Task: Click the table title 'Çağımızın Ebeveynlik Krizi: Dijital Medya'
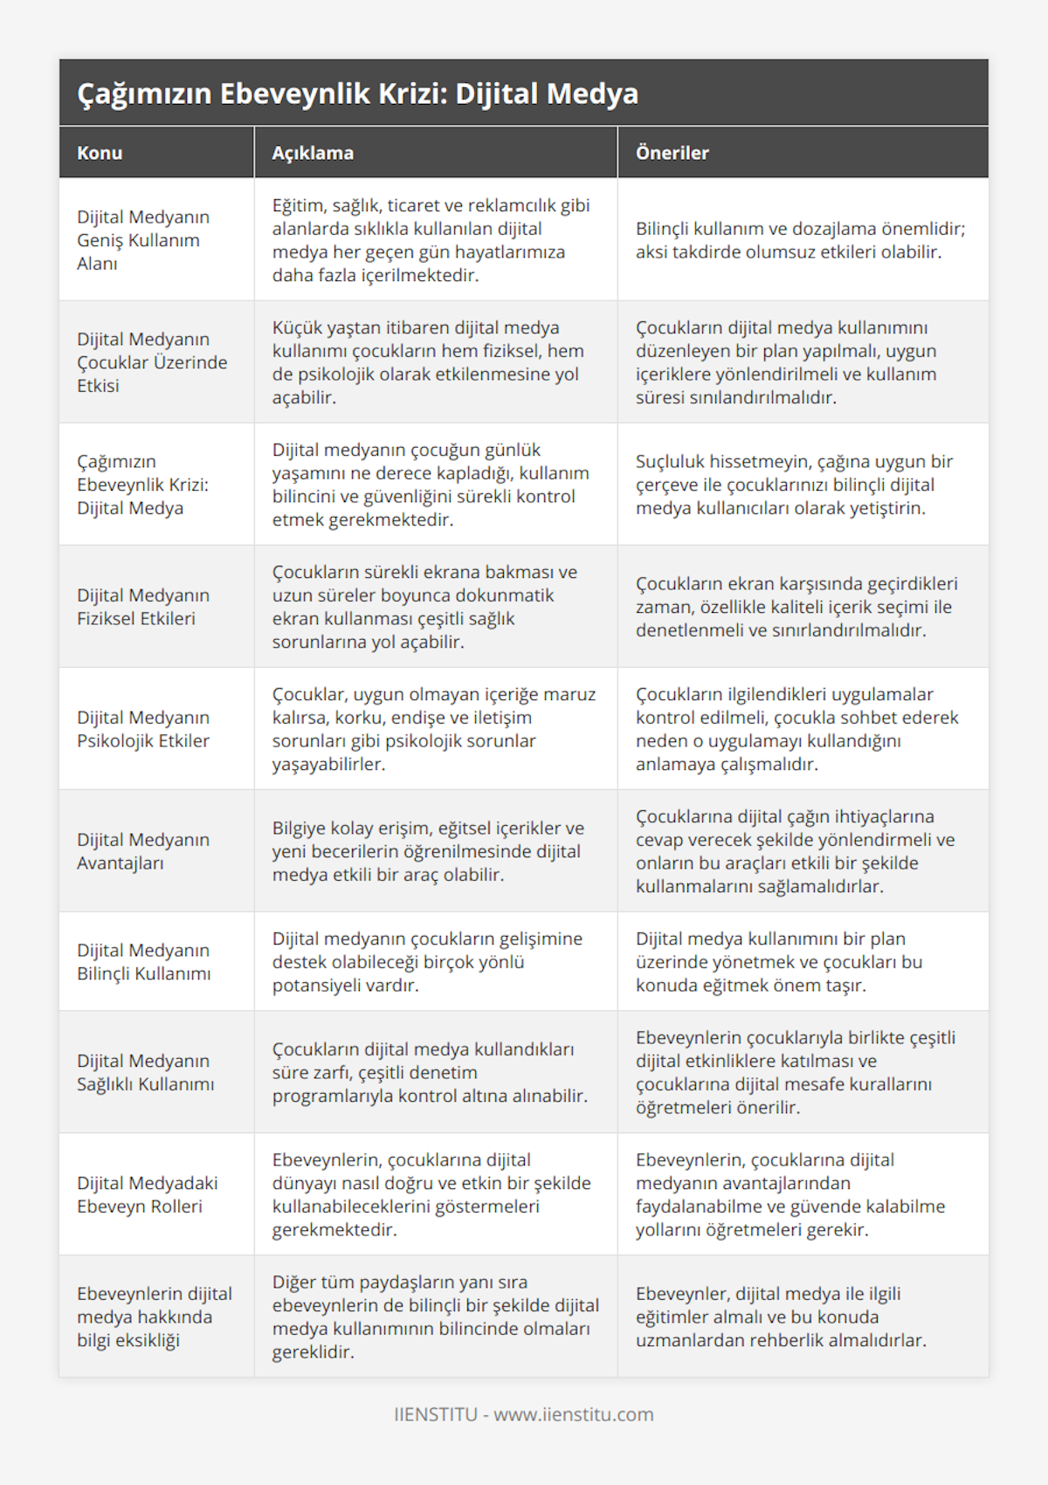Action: coord(357,93)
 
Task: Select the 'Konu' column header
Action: coord(100,153)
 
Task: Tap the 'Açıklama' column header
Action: coord(313,153)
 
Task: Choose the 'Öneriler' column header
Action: coord(672,153)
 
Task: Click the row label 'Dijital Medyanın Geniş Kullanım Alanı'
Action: coord(143,240)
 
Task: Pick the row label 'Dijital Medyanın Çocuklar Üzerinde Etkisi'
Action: coord(152,362)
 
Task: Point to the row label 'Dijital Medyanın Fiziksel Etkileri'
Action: coord(143,607)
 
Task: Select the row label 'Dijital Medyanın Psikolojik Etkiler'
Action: coord(143,729)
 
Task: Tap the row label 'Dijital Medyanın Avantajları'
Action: coord(143,851)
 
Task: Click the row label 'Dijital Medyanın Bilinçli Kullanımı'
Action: coord(143,961)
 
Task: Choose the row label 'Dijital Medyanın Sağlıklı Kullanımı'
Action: coord(145,1072)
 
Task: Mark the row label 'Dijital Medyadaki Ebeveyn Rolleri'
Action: coord(147,1194)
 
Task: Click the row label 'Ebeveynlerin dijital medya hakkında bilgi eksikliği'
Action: coord(154,1317)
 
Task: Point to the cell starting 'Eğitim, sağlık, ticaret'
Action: coord(431,240)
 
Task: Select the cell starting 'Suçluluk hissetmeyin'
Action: coord(794,485)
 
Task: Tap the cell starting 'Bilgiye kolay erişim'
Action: coord(428,851)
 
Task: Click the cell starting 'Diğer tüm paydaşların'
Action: coord(435,1317)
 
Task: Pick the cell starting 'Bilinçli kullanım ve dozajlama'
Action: coord(800,240)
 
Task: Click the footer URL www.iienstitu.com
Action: coord(573,1414)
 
